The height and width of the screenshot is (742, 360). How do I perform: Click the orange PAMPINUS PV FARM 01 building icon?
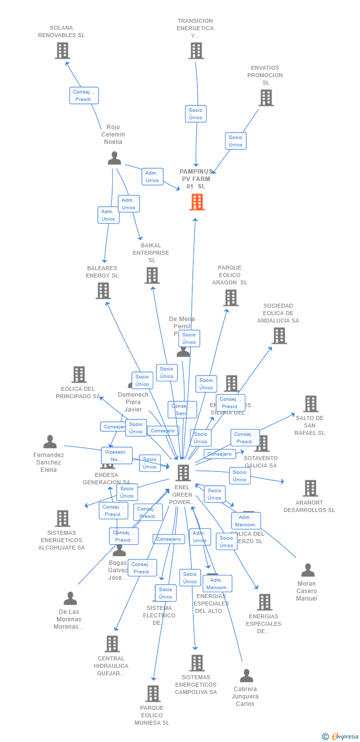[197, 202]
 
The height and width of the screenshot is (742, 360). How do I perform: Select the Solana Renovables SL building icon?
[62, 50]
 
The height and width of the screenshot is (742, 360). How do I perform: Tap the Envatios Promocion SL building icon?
[266, 98]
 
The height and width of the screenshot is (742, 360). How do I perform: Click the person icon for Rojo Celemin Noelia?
[114, 158]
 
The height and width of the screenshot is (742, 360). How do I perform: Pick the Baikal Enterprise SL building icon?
[152, 276]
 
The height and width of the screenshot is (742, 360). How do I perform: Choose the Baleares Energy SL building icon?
[103, 291]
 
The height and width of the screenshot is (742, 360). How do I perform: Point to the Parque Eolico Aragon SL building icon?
[231, 298]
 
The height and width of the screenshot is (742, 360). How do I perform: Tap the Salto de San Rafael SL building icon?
[311, 404]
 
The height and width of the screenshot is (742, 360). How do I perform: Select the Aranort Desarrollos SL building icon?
[310, 488]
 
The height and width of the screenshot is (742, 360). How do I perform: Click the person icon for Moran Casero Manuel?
[308, 570]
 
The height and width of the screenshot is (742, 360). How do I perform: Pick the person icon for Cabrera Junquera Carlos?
[246, 676]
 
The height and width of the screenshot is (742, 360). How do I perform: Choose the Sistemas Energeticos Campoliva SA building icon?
[197, 663]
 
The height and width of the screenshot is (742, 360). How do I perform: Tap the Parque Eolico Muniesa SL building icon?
[153, 694]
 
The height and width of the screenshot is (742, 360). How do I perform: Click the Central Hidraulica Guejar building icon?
[112, 644]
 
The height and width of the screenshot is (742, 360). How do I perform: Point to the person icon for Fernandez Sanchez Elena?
[49, 442]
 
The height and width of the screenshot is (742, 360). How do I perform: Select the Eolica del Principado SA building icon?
[79, 374]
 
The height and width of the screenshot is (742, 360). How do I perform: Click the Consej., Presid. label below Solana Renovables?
[84, 95]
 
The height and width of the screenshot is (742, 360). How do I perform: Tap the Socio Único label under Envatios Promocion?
[235, 141]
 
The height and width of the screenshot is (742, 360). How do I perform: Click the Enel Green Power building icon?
[183, 473]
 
